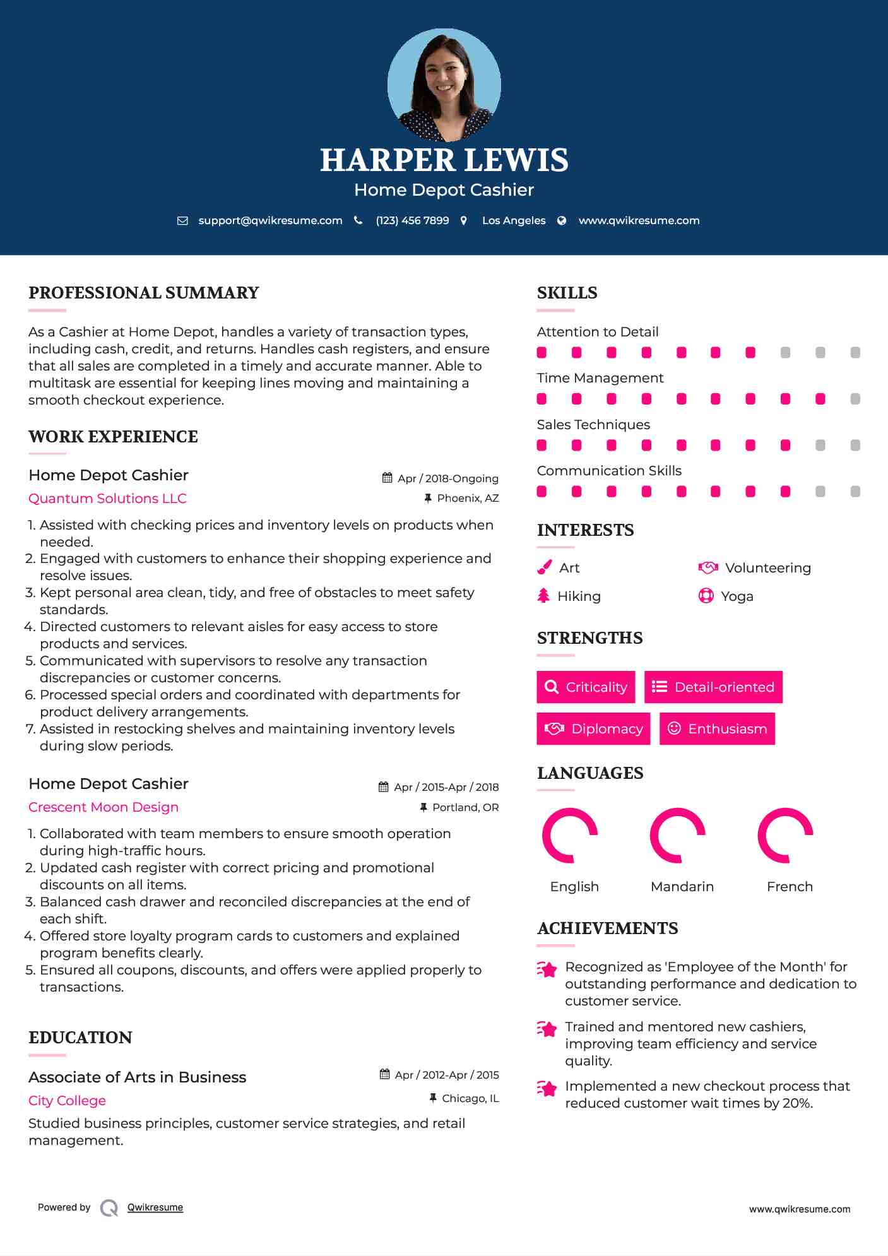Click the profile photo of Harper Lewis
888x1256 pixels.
[x=444, y=85]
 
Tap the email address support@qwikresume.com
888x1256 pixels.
[x=270, y=220]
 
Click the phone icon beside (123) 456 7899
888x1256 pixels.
[x=358, y=220]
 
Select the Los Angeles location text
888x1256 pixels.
[x=514, y=220]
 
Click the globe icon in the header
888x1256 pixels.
[x=562, y=220]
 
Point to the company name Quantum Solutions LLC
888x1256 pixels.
[x=107, y=499]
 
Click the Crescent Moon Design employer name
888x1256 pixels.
[x=104, y=807]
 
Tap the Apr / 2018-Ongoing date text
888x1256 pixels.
[x=447, y=478]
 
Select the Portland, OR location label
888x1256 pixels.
[x=465, y=807]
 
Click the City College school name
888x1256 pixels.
[x=67, y=1101]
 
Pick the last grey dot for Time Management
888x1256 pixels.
[x=855, y=399]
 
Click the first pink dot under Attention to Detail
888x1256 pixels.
[x=542, y=353]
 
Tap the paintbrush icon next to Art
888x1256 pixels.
[x=544, y=567]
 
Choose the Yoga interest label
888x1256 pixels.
[x=737, y=596]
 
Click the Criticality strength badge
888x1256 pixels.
[x=586, y=687]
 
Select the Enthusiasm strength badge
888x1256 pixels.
[x=717, y=729]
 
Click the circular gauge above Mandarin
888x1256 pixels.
[x=678, y=835]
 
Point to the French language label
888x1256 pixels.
[x=790, y=887]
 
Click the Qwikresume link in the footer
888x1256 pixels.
[x=155, y=1207]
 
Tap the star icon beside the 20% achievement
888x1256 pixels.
[x=547, y=1089]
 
